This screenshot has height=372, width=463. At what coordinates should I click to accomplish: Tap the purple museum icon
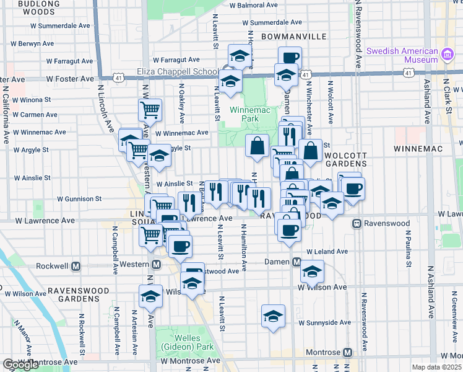(447, 56)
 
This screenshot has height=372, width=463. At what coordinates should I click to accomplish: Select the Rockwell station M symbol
(76, 266)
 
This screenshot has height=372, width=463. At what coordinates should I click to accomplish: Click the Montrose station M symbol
(347, 352)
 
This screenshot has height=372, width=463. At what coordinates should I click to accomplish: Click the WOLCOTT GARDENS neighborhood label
(340, 159)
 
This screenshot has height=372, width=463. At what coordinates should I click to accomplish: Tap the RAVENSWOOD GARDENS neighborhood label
(79, 294)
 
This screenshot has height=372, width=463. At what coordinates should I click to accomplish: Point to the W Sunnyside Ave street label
(324, 322)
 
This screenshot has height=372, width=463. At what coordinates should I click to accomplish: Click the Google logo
(20, 365)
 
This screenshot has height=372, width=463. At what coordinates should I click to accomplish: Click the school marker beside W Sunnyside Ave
(273, 316)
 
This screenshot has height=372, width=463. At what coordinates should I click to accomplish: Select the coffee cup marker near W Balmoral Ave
(290, 58)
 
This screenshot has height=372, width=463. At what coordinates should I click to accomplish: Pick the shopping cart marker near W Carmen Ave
(150, 110)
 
